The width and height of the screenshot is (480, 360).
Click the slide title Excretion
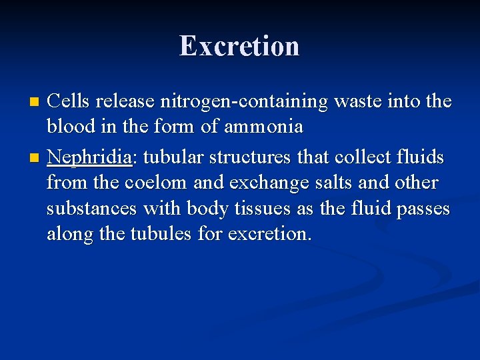(x=239, y=46)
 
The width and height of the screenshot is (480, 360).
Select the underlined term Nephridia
(x=90, y=157)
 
